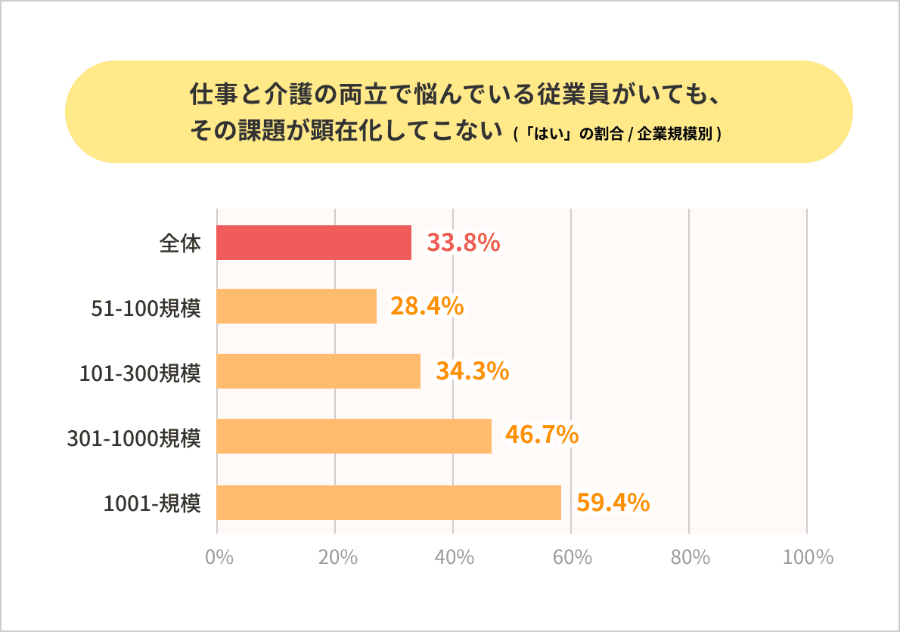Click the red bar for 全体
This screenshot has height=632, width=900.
coord(314,243)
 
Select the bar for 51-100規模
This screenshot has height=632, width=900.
coord(296,306)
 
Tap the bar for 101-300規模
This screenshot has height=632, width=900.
coord(318,371)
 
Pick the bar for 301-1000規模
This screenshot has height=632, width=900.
coord(354,436)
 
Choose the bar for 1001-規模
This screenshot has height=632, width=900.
coord(389,503)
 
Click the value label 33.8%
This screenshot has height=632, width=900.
coord(463,243)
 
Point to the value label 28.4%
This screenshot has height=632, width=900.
coord(427,306)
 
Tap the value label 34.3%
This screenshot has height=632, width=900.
coord(471,371)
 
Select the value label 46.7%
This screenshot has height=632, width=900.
coord(542,435)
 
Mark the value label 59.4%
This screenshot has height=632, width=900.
coord(613,502)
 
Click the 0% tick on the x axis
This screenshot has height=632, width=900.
coord(219,558)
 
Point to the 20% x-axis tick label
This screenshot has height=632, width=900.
coord(337,558)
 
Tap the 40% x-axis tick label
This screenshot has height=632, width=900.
coord(455,558)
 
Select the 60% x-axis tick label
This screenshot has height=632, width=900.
coord(573,558)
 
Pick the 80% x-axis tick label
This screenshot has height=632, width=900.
coord(691,558)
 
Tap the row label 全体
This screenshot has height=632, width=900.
coord(180,243)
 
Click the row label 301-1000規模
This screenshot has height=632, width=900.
coord(135,437)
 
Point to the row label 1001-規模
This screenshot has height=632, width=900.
coord(152,503)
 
